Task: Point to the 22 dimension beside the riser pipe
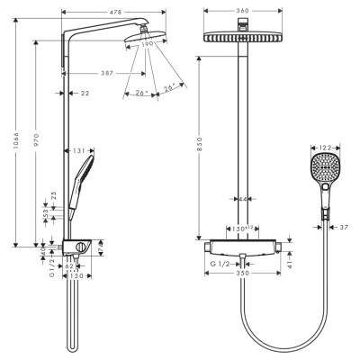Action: pyautogui.click(x=84, y=93)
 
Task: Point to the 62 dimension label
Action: pyautogui.click(x=67, y=266)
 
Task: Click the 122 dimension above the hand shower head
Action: pyautogui.click(x=325, y=145)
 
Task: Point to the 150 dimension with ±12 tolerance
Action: pyautogui.click(x=238, y=229)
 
